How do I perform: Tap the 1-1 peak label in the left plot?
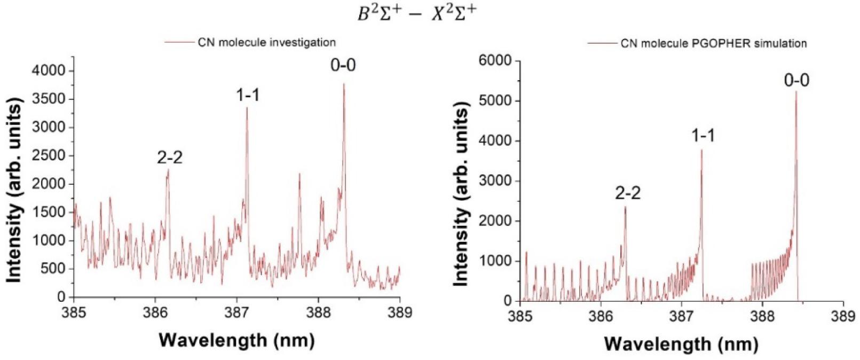click(248, 95)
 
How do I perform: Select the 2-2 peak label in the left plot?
click(170, 158)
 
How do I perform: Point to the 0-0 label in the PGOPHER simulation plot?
click(796, 81)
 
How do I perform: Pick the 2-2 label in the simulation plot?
click(627, 193)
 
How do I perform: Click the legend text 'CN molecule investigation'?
click(266, 42)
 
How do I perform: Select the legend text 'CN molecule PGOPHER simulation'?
click(713, 43)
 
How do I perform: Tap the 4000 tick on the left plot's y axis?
click(53, 71)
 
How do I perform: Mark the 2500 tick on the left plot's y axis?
click(53, 155)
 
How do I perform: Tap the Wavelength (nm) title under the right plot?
click(681, 343)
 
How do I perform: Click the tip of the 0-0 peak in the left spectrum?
click(344, 84)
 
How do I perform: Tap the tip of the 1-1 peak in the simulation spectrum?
click(701, 150)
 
